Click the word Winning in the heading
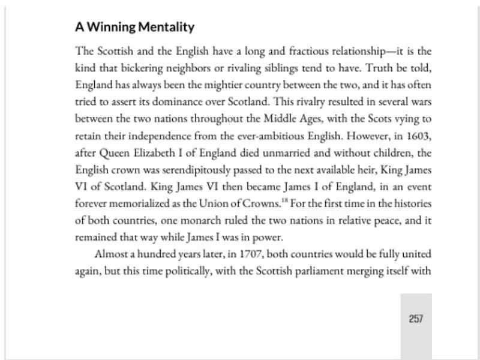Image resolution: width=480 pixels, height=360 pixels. pyautogui.click(x=110, y=27)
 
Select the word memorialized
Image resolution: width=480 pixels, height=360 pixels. pyautogui.click(x=140, y=203)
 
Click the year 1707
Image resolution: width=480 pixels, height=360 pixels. pyautogui.click(x=251, y=254)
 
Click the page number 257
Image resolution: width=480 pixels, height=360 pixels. pyautogui.click(x=416, y=319)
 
